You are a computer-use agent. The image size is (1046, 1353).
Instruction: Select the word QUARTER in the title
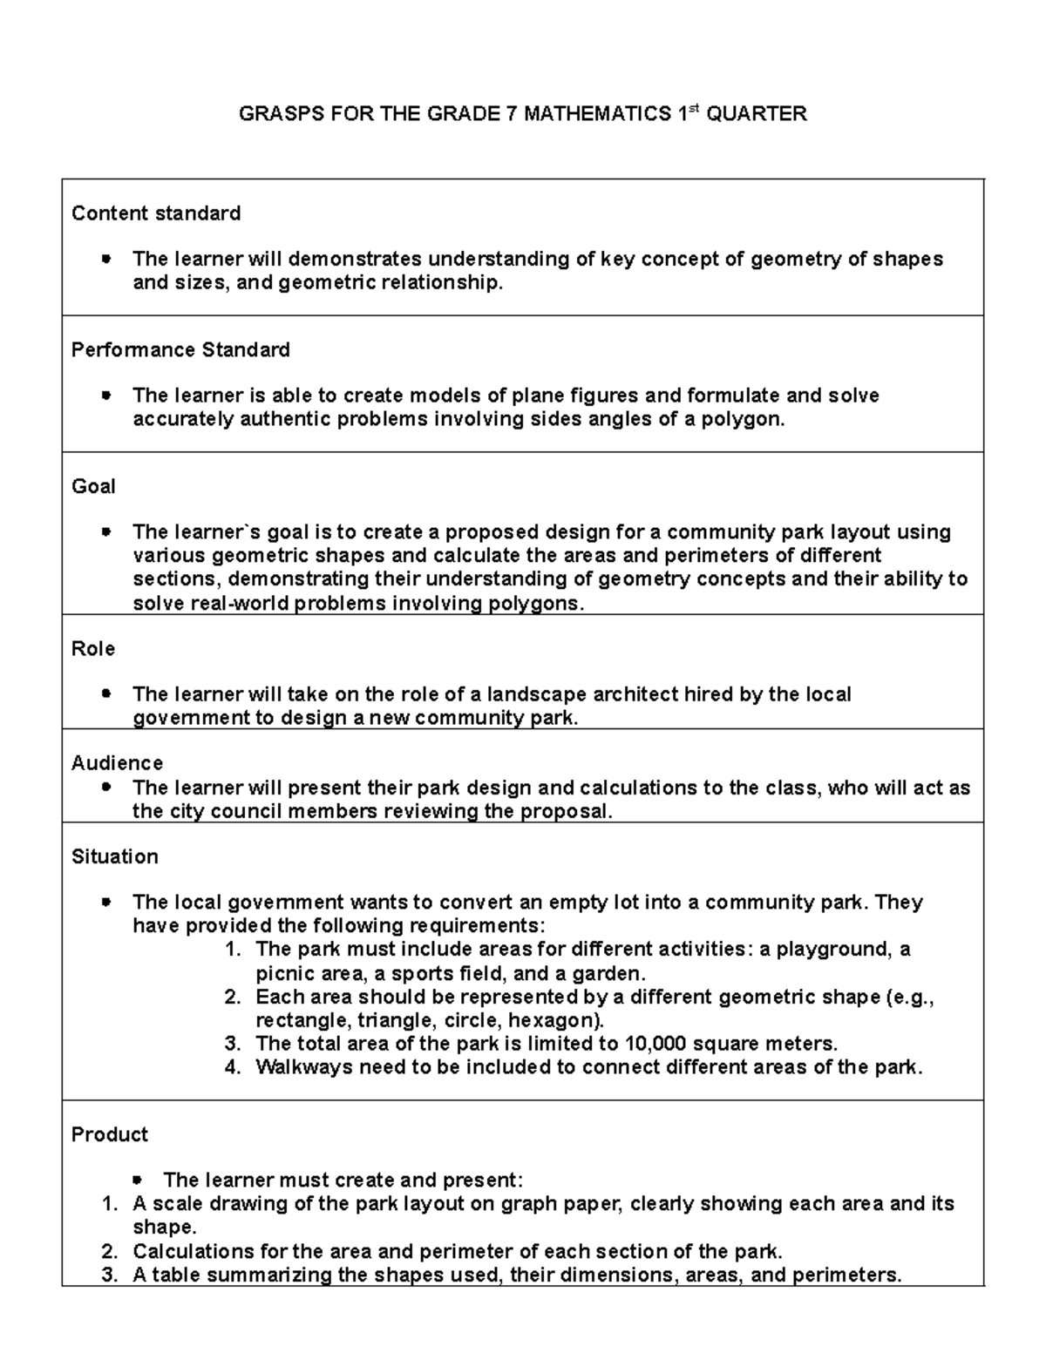click(x=756, y=114)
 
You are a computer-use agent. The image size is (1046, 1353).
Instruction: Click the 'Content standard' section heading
click(x=156, y=213)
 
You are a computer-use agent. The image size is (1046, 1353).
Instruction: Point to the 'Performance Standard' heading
click(x=180, y=349)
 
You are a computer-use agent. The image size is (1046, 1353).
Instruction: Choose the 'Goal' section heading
click(x=93, y=486)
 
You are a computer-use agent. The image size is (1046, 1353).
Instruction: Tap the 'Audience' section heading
click(x=117, y=763)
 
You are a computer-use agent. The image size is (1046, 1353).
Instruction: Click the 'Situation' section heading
click(x=115, y=856)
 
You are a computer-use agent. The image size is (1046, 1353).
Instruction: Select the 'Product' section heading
click(x=110, y=1134)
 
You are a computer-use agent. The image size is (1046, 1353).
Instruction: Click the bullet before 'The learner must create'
click(x=137, y=1180)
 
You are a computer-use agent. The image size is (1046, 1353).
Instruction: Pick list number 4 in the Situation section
click(x=232, y=1067)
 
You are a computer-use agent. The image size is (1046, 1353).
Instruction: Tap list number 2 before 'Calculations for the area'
click(x=109, y=1252)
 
